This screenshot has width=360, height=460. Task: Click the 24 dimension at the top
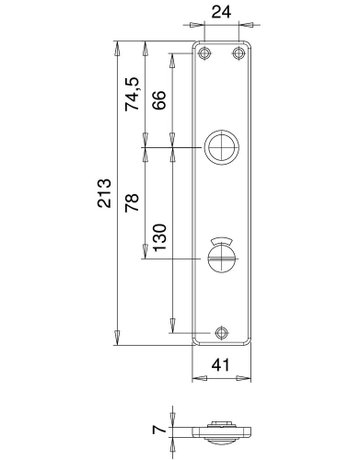click(220, 14)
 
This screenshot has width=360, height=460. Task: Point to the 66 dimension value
click(158, 100)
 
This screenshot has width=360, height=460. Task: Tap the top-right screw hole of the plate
click(237, 52)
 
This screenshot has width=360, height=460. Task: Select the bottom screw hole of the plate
click(220, 333)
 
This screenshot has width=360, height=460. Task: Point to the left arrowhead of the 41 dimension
click(197, 377)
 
